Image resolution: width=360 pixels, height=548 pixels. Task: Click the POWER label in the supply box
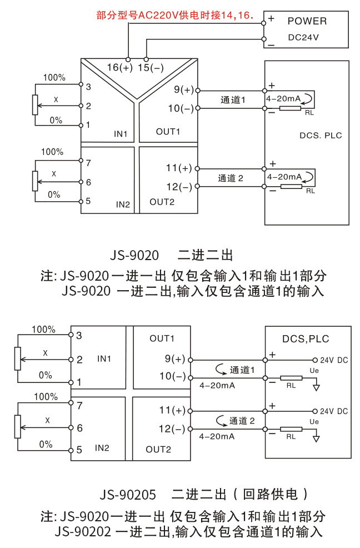[x=307, y=21]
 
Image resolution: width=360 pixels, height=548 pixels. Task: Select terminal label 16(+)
[x=119, y=68]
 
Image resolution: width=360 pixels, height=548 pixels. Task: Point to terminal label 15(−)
[x=150, y=68]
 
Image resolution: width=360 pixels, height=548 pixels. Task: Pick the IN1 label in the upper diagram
[x=121, y=134]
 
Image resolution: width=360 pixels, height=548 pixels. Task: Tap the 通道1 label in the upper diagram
[x=233, y=99]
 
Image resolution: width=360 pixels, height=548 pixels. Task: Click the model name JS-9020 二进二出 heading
[x=171, y=256]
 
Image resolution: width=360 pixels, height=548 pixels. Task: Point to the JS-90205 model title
[x=128, y=494]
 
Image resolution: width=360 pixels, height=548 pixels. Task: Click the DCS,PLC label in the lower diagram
[x=306, y=338]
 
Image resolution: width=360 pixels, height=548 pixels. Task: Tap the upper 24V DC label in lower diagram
[x=334, y=360]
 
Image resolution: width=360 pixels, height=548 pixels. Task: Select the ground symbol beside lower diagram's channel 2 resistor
[x=316, y=437]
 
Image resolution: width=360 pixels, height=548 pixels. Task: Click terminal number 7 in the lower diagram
[x=79, y=406]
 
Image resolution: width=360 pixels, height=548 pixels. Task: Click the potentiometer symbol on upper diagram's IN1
[x=35, y=103]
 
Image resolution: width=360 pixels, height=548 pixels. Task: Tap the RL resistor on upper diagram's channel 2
[x=291, y=186]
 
